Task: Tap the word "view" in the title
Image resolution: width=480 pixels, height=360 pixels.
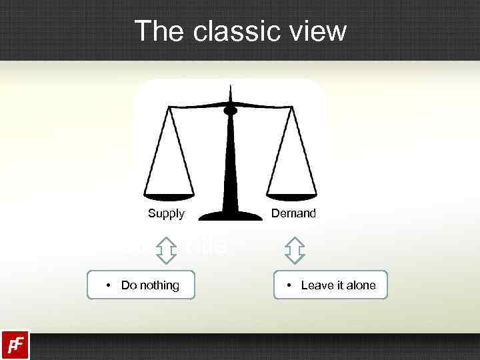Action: pyautogui.click(x=317, y=31)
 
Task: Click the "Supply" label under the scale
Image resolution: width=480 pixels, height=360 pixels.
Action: pyautogui.click(x=166, y=213)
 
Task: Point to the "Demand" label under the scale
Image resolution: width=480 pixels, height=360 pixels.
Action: pyautogui.click(x=293, y=213)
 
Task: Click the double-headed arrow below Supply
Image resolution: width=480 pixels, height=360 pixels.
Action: pyautogui.click(x=166, y=249)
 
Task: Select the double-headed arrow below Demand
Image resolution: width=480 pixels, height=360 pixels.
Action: pyautogui.click(x=294, y=249)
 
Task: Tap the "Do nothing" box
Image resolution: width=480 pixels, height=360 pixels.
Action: pyautogui.click(x=141, y=285)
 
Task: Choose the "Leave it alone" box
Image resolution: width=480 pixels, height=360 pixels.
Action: pyautogui.click(x=330, y=285)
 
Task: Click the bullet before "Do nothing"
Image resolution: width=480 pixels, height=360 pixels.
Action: pyautogui.click(x=108, y=285)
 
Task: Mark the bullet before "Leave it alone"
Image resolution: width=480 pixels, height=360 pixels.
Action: pyautogui.click(x=289, y=285)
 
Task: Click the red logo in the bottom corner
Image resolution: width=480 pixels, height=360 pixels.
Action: pyautogui.click(x=15, y=345)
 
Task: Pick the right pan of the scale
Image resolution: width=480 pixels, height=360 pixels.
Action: pyautogui.click(x=293, y=195)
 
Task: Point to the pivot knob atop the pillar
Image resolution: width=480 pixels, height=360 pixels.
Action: pyautogui.click(x=231, y=110)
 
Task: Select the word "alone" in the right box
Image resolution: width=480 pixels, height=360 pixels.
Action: pyautogui.click(x=361, y=285)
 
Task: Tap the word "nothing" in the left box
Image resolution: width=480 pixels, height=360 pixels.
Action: pyautogui.click(x=161, y=285)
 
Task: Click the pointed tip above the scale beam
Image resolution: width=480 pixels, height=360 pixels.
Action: pyautogui.click(x=231, y=88)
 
